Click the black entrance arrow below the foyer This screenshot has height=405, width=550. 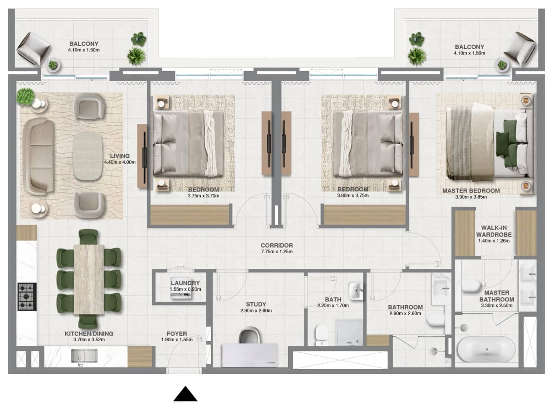(185, 394)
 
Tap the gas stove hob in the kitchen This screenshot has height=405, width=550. (27, 297)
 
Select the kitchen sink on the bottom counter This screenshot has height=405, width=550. (84, 356)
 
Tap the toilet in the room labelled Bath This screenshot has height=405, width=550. (321, 333)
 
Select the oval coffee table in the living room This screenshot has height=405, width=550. (88, 156)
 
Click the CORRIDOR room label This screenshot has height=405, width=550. (276, 245)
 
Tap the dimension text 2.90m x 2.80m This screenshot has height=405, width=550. (256, 311)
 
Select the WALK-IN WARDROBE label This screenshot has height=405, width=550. (496, 231)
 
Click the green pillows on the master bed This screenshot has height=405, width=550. (510, 143)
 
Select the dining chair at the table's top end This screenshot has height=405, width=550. (88, 237)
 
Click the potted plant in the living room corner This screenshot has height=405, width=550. (26, 96)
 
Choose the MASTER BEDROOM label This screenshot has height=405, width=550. (471, 190)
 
